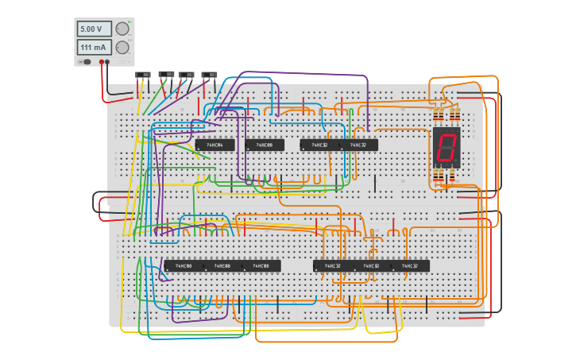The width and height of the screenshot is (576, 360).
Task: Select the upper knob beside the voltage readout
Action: pos(122,29)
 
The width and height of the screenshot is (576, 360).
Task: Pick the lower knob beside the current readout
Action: pos(122,48)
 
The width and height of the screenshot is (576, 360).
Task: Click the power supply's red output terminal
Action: pos(106,61)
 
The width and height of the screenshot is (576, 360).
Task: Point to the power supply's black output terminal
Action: pos(101,61)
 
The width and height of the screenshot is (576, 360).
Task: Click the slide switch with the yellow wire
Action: pos(143,75)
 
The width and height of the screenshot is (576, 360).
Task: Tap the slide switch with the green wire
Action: pos(187,75)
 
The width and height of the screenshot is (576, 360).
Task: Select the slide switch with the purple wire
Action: pos(210,75)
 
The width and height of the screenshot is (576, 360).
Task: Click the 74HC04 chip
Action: pos(215,145)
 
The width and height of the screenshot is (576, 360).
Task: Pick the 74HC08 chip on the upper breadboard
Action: pos(265,145)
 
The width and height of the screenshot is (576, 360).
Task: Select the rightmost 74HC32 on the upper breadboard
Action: pos(359,145)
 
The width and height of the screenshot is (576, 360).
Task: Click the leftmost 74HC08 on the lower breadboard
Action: pos(184,266)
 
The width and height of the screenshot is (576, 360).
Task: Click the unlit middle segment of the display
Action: pos(446,146)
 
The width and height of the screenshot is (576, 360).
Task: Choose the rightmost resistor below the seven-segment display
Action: pos(454,176)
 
